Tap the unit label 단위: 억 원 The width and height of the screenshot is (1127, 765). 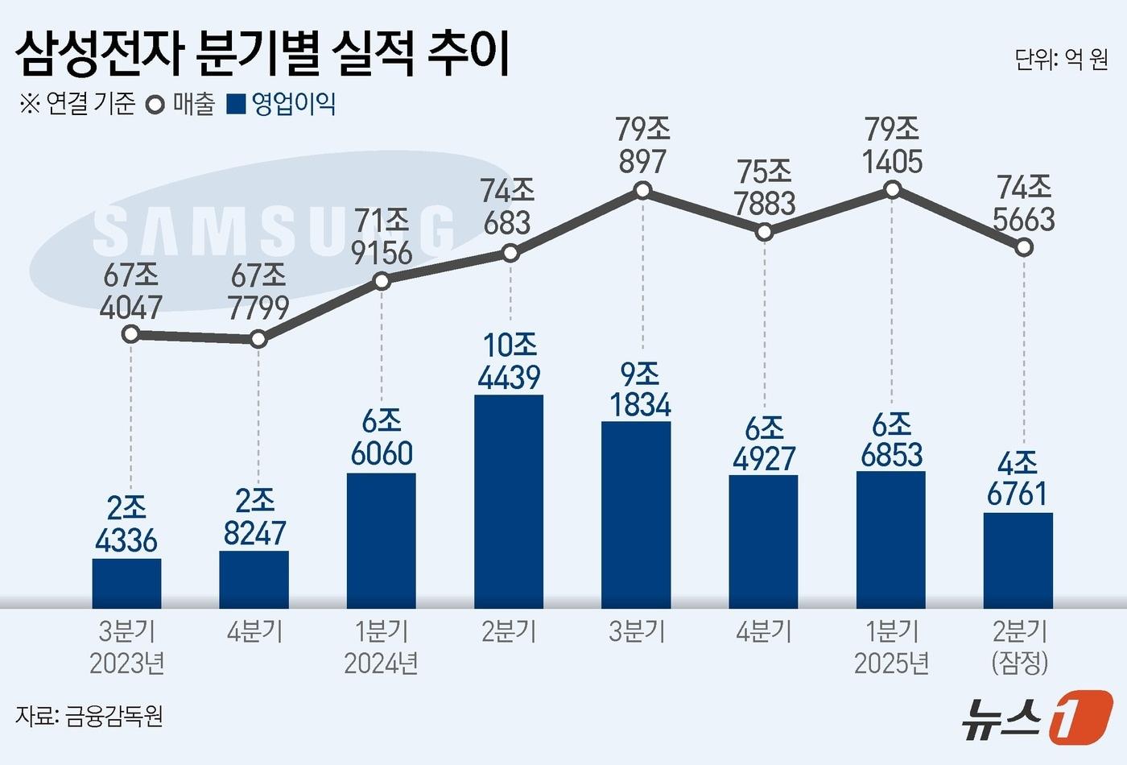tap(1061, 59)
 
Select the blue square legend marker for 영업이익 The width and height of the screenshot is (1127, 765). tap(236, 105)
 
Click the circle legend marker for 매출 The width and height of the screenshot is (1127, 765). tap(155, 105)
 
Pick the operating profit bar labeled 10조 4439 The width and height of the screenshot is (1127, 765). tap(509, 501)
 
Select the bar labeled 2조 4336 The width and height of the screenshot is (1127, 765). tap(126, 583)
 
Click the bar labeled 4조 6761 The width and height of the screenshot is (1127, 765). tap(1018, 560)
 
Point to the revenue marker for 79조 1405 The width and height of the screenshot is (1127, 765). tap(892, 190)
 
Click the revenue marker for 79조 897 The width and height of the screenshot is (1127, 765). tap(642, 191)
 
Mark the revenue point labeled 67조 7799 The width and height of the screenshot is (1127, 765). tap(258, 339)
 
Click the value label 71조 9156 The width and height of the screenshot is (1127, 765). tap(382, 237)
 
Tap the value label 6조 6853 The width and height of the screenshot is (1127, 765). tap(891, 440)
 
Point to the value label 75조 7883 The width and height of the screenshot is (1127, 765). tap(764, 188)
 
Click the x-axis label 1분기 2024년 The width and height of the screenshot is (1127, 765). tap(381, 647)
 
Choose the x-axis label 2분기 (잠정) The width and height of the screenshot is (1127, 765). tap(1020, 647)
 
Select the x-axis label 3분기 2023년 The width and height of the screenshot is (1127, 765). tap(127, 647)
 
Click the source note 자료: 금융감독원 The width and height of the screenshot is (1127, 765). tap(89, 715)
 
